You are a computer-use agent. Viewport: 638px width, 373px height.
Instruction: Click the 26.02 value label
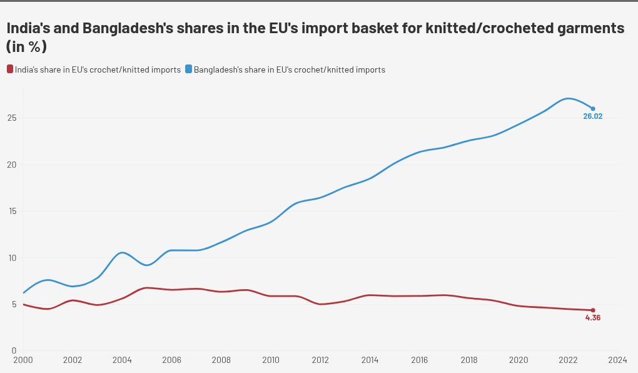(592, 116)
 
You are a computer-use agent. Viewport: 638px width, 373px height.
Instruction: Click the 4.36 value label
(592, 318)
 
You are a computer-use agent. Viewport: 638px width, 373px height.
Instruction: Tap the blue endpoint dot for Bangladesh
(593, 109)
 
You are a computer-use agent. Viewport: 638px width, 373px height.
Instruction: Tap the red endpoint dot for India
(593, 310)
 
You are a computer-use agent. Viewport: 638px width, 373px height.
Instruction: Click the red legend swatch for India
(9, 69)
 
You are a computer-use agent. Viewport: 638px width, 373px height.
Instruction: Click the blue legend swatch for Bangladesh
(189, 69)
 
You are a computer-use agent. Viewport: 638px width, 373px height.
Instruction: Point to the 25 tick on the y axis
(13, 118)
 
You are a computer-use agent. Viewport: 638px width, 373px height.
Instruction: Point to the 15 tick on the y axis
(13, 211)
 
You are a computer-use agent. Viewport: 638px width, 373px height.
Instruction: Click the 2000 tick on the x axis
(23, 360)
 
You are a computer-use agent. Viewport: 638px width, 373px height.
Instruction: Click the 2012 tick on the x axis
(320, 360)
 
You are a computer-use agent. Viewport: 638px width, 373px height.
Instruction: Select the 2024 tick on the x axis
(617, 360)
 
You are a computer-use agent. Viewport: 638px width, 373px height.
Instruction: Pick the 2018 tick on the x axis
(469, 360)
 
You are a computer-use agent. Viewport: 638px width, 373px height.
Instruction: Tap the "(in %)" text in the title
(26, 47)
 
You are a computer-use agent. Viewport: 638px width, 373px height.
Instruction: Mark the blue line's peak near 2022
(567, 98)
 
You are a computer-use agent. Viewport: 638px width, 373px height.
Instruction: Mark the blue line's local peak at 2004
(122, 252)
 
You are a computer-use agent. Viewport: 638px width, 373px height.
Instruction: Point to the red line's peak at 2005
(146, 288)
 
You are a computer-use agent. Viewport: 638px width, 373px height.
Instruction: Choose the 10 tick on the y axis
(13, 258)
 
